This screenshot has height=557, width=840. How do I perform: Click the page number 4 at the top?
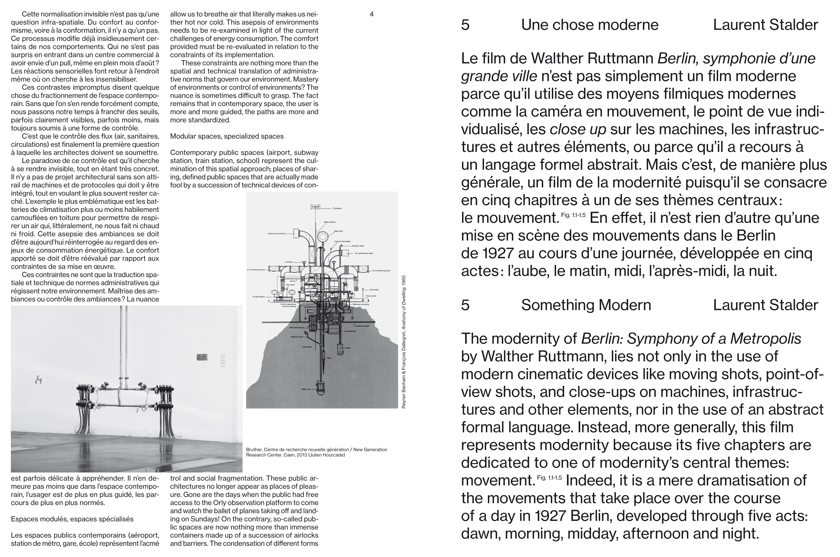(x=371, y=14)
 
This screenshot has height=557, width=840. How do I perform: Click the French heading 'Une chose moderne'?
(x=589, y=25)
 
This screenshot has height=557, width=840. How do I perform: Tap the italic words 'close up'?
(x=578, y=129)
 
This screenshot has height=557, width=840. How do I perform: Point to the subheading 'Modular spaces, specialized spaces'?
(x=227, y=136)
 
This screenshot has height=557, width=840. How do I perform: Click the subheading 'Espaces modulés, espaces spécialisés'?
(x=72, y=519)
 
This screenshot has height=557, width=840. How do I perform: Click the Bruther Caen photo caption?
(x=316, y=452)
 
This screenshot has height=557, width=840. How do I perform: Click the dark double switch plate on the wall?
(x=202, y=357)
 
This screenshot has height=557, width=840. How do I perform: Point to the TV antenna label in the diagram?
(x=337, y=208)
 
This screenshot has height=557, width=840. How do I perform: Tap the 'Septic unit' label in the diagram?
(x=306, y=389)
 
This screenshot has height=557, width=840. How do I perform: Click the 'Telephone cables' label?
(x=362, y=326)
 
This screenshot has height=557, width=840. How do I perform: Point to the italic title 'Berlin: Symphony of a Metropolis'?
(x=691, y=339)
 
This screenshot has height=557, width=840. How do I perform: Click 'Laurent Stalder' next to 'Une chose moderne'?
(x=765, y=25)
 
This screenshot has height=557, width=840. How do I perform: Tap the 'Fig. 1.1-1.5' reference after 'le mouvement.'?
(x=573, y=215)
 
